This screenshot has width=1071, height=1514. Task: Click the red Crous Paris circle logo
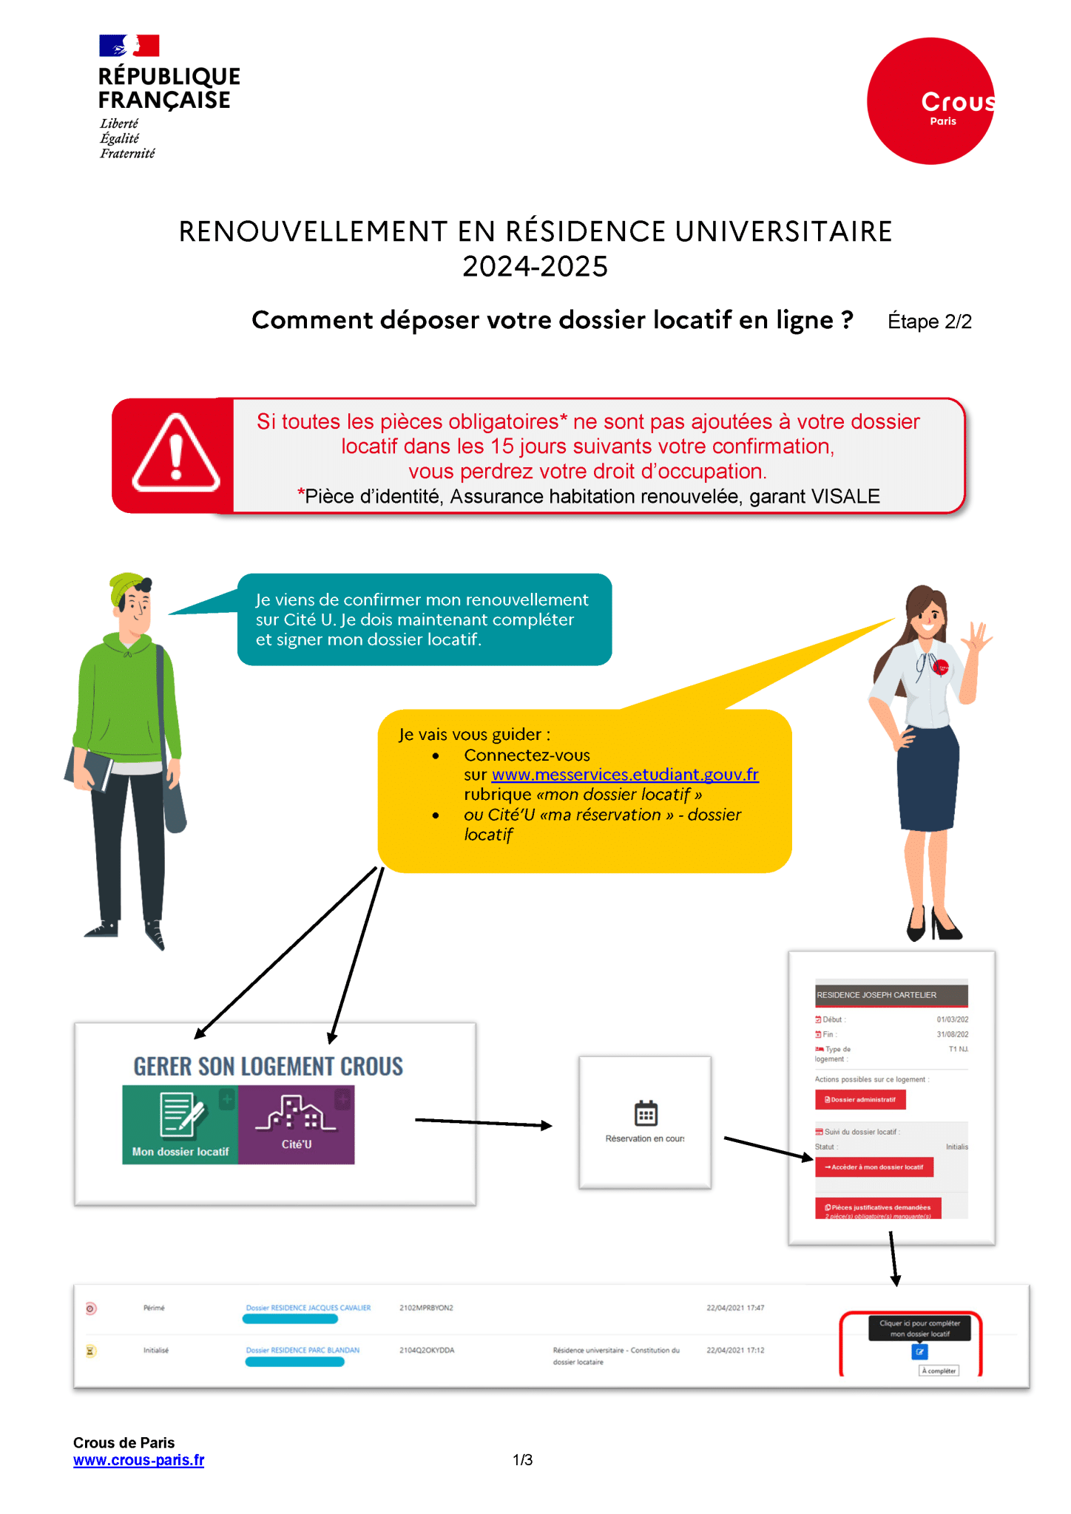930,101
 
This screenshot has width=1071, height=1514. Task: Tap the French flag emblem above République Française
129,46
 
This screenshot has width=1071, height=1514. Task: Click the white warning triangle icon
175,453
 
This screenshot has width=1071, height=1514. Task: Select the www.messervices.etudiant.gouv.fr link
625,774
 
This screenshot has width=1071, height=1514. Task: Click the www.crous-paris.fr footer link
138,1460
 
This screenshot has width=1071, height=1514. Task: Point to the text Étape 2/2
929,322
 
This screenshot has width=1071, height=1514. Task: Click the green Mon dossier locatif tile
180,1124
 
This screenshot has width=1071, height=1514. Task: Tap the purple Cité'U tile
297,1124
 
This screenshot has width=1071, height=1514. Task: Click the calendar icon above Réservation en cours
646,1113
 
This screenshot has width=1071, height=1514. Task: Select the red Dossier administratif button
860,1099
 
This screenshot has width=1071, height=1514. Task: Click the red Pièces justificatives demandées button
878,1208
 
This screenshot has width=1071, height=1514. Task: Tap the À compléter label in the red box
939,1371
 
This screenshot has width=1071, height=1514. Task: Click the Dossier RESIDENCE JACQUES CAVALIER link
308,1308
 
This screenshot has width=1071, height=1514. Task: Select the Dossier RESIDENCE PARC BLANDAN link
303,1350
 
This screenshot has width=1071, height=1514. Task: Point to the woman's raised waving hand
979,637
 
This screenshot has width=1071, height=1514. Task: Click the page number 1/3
523,1460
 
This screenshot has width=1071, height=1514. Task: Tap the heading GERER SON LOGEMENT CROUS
268,1066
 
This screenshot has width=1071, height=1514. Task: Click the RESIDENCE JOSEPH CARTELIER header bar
891,995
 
